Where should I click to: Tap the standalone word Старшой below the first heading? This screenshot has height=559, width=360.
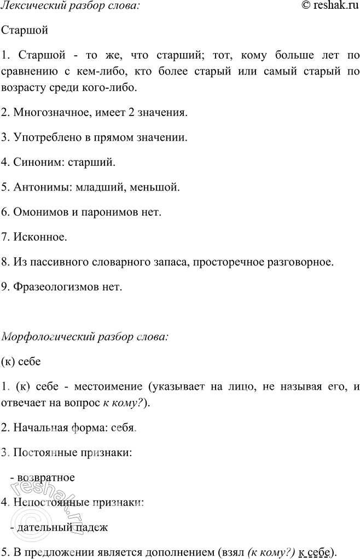[x=25, y=30]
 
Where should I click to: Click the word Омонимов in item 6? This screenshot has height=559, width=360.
[x=36, y=212]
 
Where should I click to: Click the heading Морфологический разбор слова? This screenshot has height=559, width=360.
[x=85, y=337]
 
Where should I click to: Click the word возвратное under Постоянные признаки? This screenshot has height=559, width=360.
[x=46, y=477]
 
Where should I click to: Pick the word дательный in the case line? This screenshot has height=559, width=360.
[x=42, y=527]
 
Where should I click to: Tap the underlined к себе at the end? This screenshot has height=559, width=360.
[x=317, y=551]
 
